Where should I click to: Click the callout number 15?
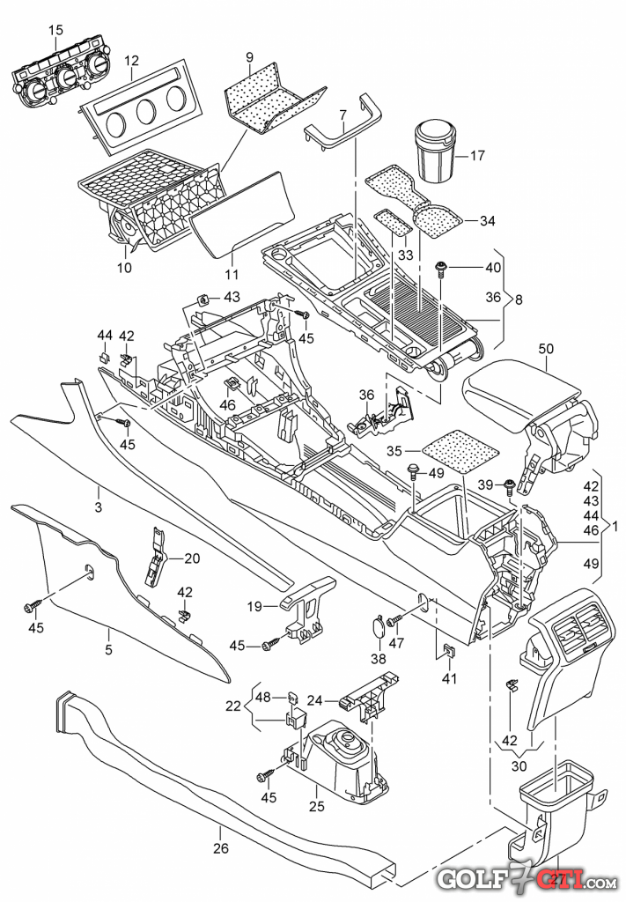55,30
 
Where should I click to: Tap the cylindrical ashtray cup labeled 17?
435,151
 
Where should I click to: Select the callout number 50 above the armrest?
546,349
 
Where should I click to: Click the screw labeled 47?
394,622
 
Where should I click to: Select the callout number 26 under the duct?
221,847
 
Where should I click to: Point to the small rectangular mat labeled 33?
394,223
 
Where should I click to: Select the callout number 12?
131,60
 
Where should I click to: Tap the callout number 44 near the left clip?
105,336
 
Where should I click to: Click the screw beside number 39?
508,486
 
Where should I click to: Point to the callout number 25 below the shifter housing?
317,807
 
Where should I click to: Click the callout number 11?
231,275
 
